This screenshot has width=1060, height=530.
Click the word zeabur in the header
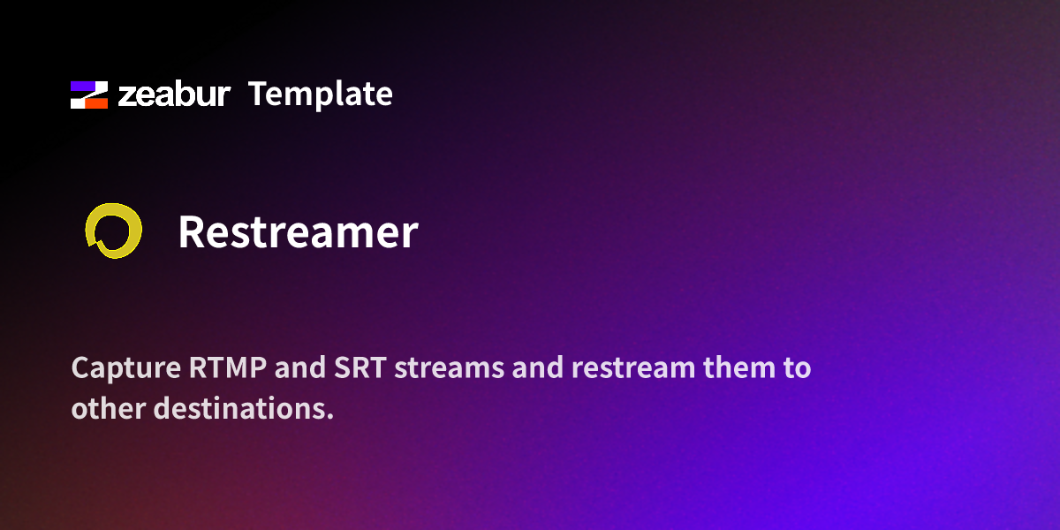(174, 95)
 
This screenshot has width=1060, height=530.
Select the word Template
(320, 94)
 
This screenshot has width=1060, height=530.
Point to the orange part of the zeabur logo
(95, 102)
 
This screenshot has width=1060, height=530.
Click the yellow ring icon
(113, 231)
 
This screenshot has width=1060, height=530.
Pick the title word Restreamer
(298, 232)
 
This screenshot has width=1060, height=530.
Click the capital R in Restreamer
(193, 232)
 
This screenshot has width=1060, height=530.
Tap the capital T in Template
(257, 94)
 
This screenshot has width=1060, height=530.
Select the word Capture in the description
(125, 368)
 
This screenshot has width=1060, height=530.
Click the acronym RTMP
(228, 368)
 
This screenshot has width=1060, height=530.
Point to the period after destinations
(329, 416)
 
